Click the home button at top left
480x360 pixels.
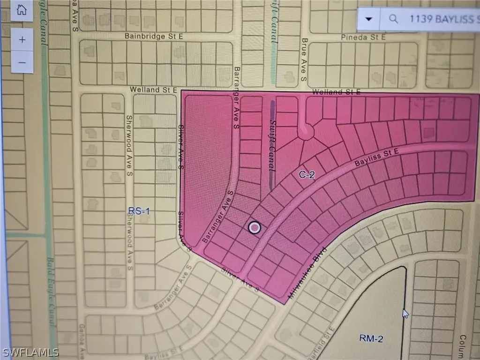click(x=21, y=10)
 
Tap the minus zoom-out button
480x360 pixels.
click(x=22, y=62)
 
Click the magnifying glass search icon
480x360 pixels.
click(x=394, y=19)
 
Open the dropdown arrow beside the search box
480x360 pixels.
click(x=369, y=19)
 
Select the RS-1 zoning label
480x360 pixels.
click(x=139, y=211)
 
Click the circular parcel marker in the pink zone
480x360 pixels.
click(x=254, y=228)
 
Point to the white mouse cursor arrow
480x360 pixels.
click(x=405, y=313)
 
